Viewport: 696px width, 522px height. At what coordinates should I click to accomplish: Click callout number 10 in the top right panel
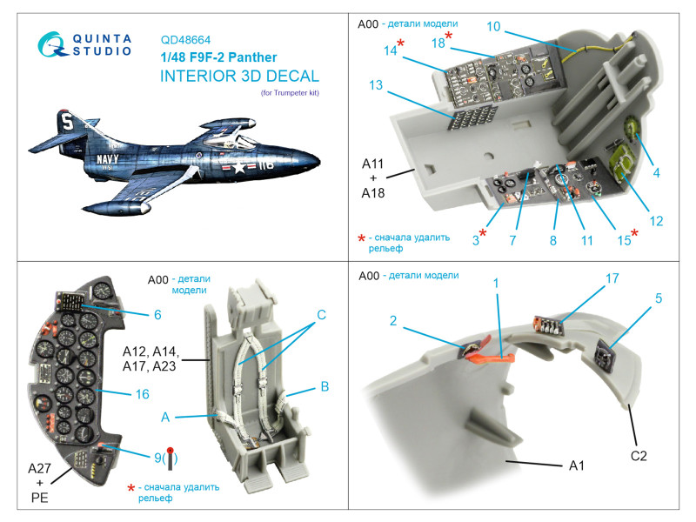coord(493,27)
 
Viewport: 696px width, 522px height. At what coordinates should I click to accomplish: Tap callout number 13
coord(376,85)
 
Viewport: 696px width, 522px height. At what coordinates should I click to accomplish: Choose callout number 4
coord(657,173)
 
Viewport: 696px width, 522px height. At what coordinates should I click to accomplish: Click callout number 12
coord(656,221)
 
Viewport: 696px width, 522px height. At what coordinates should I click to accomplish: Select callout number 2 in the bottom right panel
coord(393,321)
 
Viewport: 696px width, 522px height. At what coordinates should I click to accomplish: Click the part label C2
coord(639,454)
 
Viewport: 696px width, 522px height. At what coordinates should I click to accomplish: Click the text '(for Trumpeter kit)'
coord(290,92)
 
